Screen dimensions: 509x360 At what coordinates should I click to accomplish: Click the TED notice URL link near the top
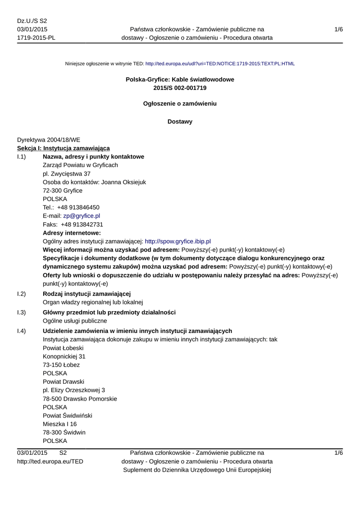coord(220,64)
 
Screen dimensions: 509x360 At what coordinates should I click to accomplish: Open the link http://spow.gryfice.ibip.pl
coord(178,241)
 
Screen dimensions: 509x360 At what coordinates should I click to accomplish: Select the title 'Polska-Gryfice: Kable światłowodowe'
coord(180,80)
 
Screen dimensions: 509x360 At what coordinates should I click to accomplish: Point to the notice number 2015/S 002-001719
coord(180,88)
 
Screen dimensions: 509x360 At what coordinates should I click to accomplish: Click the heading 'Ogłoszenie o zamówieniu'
coord(180,104)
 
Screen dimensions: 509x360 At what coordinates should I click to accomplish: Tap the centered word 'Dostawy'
coord(180,121)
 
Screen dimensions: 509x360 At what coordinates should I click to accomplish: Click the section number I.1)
coord(22,157)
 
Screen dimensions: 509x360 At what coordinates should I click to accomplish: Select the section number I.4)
coord(22,331)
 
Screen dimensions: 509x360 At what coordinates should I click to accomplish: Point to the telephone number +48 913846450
coord(78,207)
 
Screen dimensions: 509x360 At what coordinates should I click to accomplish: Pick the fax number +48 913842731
coord(80,224)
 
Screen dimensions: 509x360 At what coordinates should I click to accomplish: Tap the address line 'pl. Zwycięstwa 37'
coord(67,173)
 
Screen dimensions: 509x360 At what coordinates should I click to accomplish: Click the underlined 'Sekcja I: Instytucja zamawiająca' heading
coord(63,148)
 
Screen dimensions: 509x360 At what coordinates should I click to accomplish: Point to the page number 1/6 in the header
coord(339,30)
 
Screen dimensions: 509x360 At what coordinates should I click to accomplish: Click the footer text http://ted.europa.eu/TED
coord(50,461)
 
